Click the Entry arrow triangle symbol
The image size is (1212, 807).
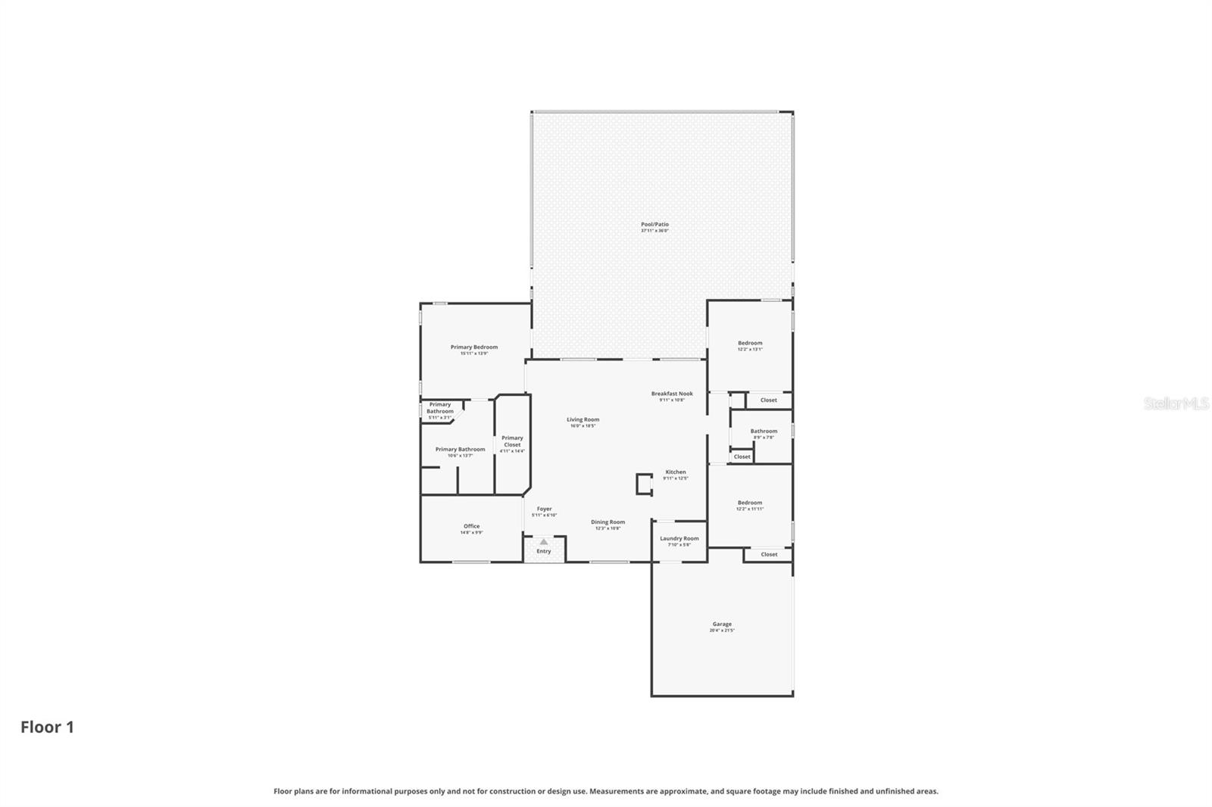coord(543,542)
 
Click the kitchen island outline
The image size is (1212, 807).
coord(644,485)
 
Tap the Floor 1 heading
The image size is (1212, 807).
coord(47,728)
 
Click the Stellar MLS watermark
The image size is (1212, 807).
coord(1176,403)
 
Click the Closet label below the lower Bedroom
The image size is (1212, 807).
coord(769,554)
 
